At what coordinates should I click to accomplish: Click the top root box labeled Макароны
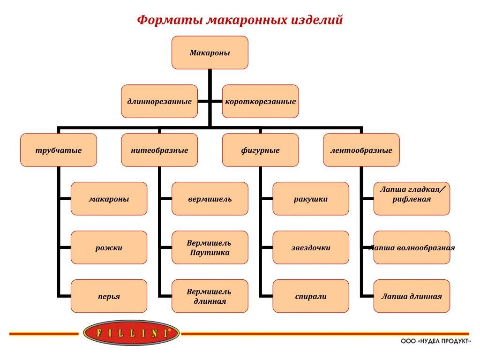click(x=210, y=53)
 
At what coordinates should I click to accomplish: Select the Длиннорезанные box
click(x=159, y=101)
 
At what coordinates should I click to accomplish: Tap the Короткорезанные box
click(x=260, y=101)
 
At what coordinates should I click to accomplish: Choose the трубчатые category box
click(x=59, y=150)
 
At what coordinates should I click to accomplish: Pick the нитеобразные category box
click(x=159, y=150)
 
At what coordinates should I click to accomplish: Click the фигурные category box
click(x=260, y=150)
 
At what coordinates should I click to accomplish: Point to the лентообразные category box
click(x=361, y=150)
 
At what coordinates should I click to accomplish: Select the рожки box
click(x=109, y=247)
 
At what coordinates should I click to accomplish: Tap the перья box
click(x=109, y=296)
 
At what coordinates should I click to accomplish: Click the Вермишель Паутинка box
click(x=210, y=247)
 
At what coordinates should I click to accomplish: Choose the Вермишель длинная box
click(x=210, y=296)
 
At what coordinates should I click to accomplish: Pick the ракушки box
click(x=311, y=199)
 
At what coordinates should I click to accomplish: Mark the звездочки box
click(x=311, y=247)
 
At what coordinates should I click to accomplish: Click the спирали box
click(x=311, y=296)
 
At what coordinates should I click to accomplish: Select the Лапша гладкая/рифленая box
click(x=412, y=199)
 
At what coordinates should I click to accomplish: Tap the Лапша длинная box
click(x=412, y=296)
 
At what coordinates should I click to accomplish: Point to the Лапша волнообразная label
click(x=412, y=247)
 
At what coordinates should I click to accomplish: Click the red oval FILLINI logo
click(x=131, y=333)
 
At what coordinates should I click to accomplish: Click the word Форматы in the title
click(x=169, y=21)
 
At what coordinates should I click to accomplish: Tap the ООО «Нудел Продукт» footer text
click(x=435, y=342)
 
